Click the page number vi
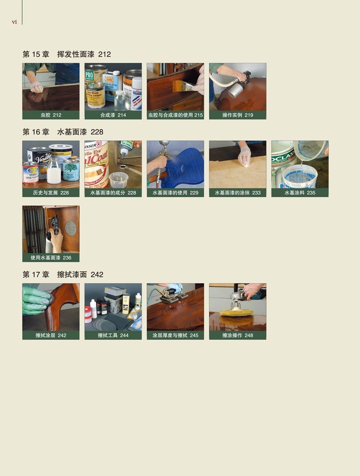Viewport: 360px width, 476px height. click(x=14, y=22)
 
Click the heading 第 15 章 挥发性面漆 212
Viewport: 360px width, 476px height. click(x=67, y=54)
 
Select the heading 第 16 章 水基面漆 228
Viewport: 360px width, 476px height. click(x=63, y=132)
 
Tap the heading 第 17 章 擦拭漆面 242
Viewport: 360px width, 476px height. click(x=63, y=275)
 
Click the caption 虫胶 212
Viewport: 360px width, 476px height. click(x=51, y=115)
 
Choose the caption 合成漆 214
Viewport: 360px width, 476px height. click(x=113, y=115)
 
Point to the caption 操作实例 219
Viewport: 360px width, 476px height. click(x=237, y=115)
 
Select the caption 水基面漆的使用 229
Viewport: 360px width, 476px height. click(x=175, y=193)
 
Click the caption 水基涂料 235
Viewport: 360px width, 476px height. click(x=300, y=193)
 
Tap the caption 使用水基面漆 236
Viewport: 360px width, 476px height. click(x=51, y=258)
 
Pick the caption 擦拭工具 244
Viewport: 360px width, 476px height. click(x=113, y=336)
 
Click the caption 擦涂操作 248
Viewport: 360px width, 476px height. click(x=237, y=336)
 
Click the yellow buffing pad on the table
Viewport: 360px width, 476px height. click(x=236, y=312)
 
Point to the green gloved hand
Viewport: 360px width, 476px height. click(x=36, y=300)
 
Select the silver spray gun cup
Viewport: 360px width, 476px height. click(x=236, y=90)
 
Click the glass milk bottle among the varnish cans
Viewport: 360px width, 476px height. click(x=54, y=171)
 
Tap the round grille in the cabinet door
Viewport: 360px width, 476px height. click(x=70, y=228)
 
